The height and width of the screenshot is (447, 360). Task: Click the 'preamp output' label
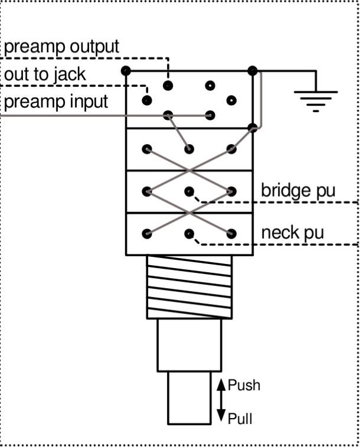tap(61, 47)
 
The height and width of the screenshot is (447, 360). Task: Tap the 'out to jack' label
tap(45, 74)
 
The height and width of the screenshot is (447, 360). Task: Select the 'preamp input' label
tap(56, 102)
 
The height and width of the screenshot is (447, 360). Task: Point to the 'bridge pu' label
tap(298, 191)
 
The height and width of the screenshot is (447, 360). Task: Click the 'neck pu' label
tap(293, 233)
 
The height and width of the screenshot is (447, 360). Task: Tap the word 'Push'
tap(244, 385)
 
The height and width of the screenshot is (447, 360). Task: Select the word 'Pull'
tap(240, 419)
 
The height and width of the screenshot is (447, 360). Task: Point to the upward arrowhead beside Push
tap(221, 384)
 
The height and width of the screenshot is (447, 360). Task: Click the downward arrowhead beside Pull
tap(221, 415)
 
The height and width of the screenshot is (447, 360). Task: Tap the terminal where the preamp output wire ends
tap(168, 85)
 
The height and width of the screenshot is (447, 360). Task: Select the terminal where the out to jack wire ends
tap(147, 100)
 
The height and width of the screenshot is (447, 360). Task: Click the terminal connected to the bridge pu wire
tap(189, 191)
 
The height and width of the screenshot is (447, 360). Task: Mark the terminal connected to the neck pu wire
tap(189, 234)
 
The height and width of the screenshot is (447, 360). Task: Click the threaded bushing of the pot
tap(189, 287)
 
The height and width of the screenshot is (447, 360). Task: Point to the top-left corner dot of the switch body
tap(126, 71)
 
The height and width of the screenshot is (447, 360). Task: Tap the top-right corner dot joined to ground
tap(253, 71)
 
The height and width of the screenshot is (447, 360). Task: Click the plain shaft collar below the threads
tap(189, 345)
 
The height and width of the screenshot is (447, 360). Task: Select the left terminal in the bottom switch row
tap(147, 234)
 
